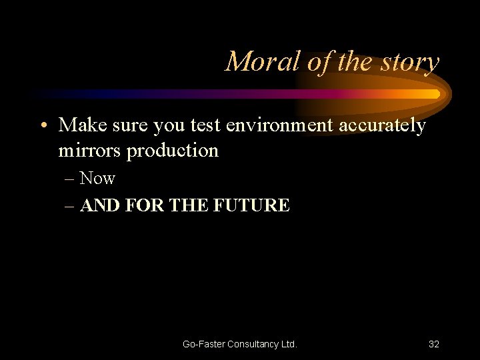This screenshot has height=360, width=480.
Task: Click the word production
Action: pos(173,151)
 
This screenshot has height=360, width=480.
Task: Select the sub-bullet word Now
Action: pos(97,179)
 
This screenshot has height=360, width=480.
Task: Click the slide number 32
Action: pos(434,344)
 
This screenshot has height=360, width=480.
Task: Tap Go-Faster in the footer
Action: pos(204,344)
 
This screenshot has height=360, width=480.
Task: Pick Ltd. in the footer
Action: pos(289,344)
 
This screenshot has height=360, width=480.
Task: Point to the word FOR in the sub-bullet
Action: pos(143,205)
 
